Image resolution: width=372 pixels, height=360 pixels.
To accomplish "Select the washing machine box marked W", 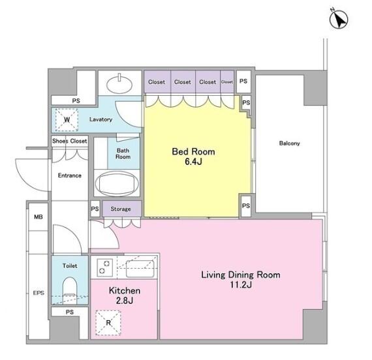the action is tap(67, 120).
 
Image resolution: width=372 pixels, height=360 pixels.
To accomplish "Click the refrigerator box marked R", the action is tap(108, 323).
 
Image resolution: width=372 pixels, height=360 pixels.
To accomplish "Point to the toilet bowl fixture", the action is tap(70, 290).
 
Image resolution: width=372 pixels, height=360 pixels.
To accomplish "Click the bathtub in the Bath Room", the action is tap(117, 183).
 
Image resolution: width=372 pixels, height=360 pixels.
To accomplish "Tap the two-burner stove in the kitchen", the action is tap(104, 267).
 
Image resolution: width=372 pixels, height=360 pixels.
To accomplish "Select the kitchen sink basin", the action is tap(140, 269).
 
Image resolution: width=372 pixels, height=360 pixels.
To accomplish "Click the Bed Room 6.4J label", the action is tap(193, 157).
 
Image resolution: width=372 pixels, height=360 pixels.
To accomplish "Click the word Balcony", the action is tap(289, 143).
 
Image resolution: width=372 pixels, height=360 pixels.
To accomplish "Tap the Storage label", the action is tap(121, 209).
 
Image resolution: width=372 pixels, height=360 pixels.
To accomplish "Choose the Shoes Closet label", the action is tap(70, 141).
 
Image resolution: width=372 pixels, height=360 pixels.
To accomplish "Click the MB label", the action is tap(39, 217).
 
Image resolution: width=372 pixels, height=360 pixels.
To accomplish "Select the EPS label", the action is tap(39, 293).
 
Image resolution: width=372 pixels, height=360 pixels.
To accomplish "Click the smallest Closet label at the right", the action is tap(227, 82).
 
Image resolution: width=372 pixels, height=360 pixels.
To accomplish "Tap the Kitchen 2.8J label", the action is tap(125, 295).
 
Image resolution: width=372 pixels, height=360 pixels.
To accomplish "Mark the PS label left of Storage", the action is tap(95, 209).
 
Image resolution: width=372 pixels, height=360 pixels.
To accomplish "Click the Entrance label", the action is tap(70, 175).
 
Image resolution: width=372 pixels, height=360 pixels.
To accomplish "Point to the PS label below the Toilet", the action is tap(70, 312).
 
